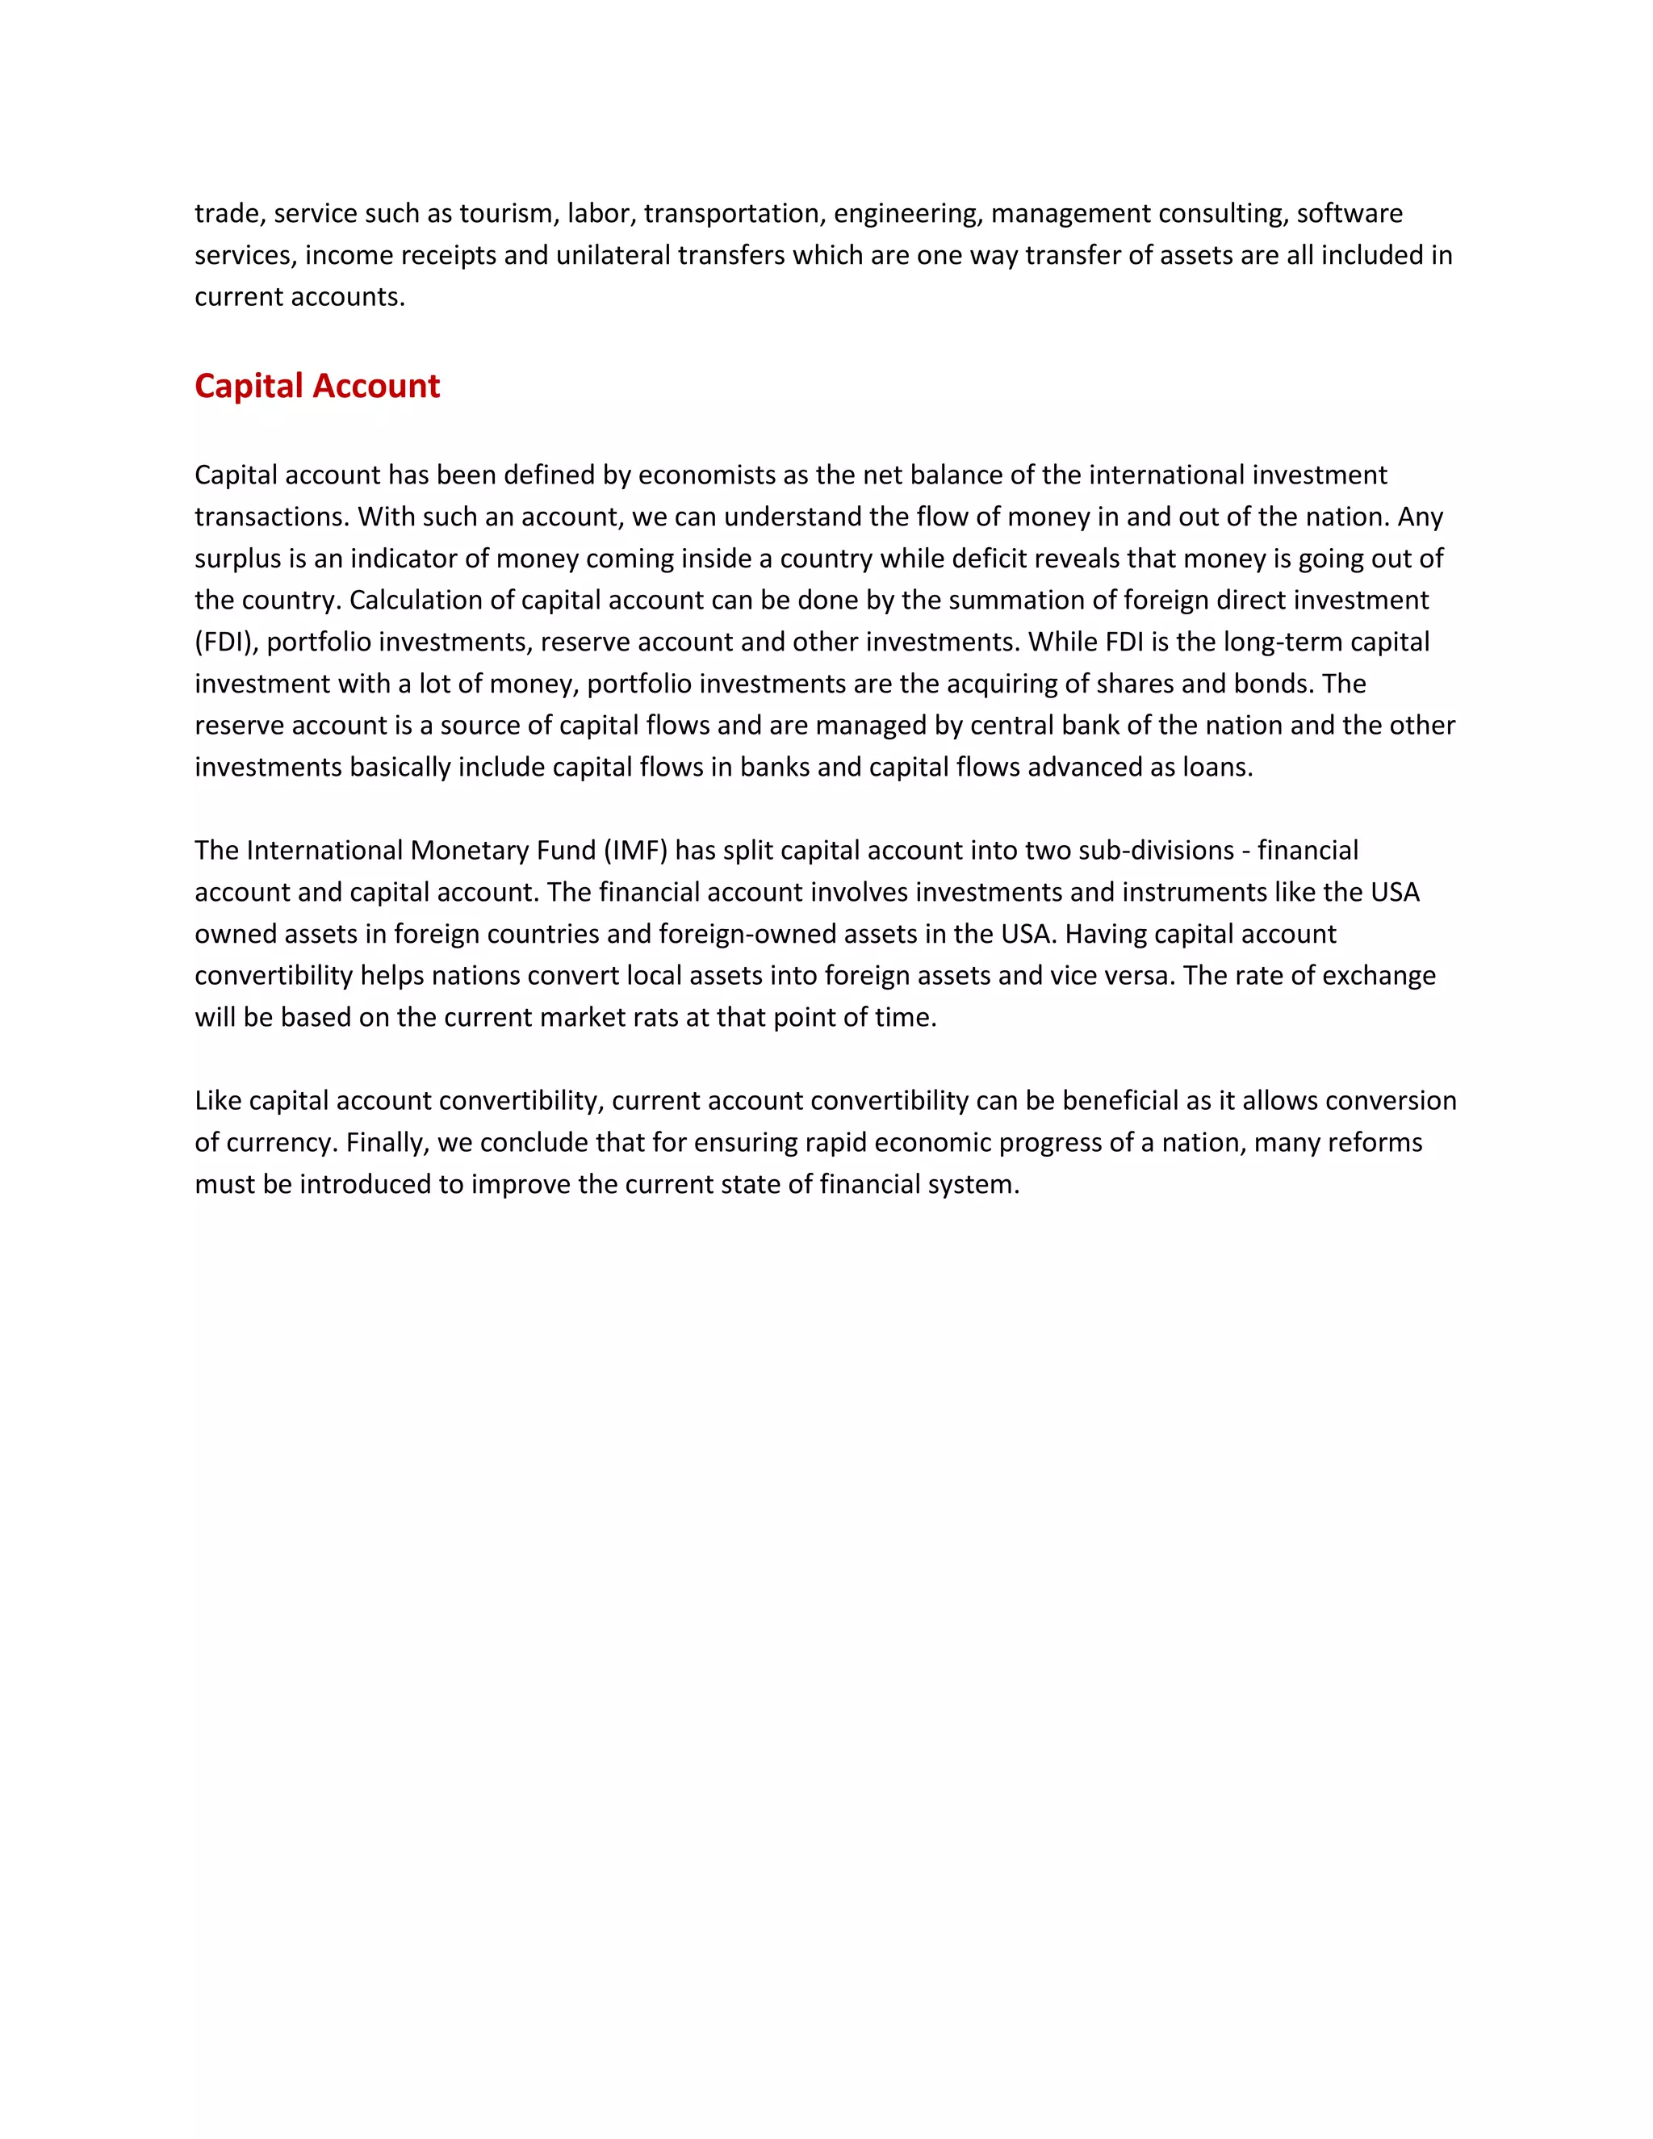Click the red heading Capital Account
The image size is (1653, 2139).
pyautogui.click(x=317, y=386)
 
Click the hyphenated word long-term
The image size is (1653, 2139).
pyautogui.click(x=1283, y=643)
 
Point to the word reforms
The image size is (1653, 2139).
pyautogui.click(x=1383, y=1143)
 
